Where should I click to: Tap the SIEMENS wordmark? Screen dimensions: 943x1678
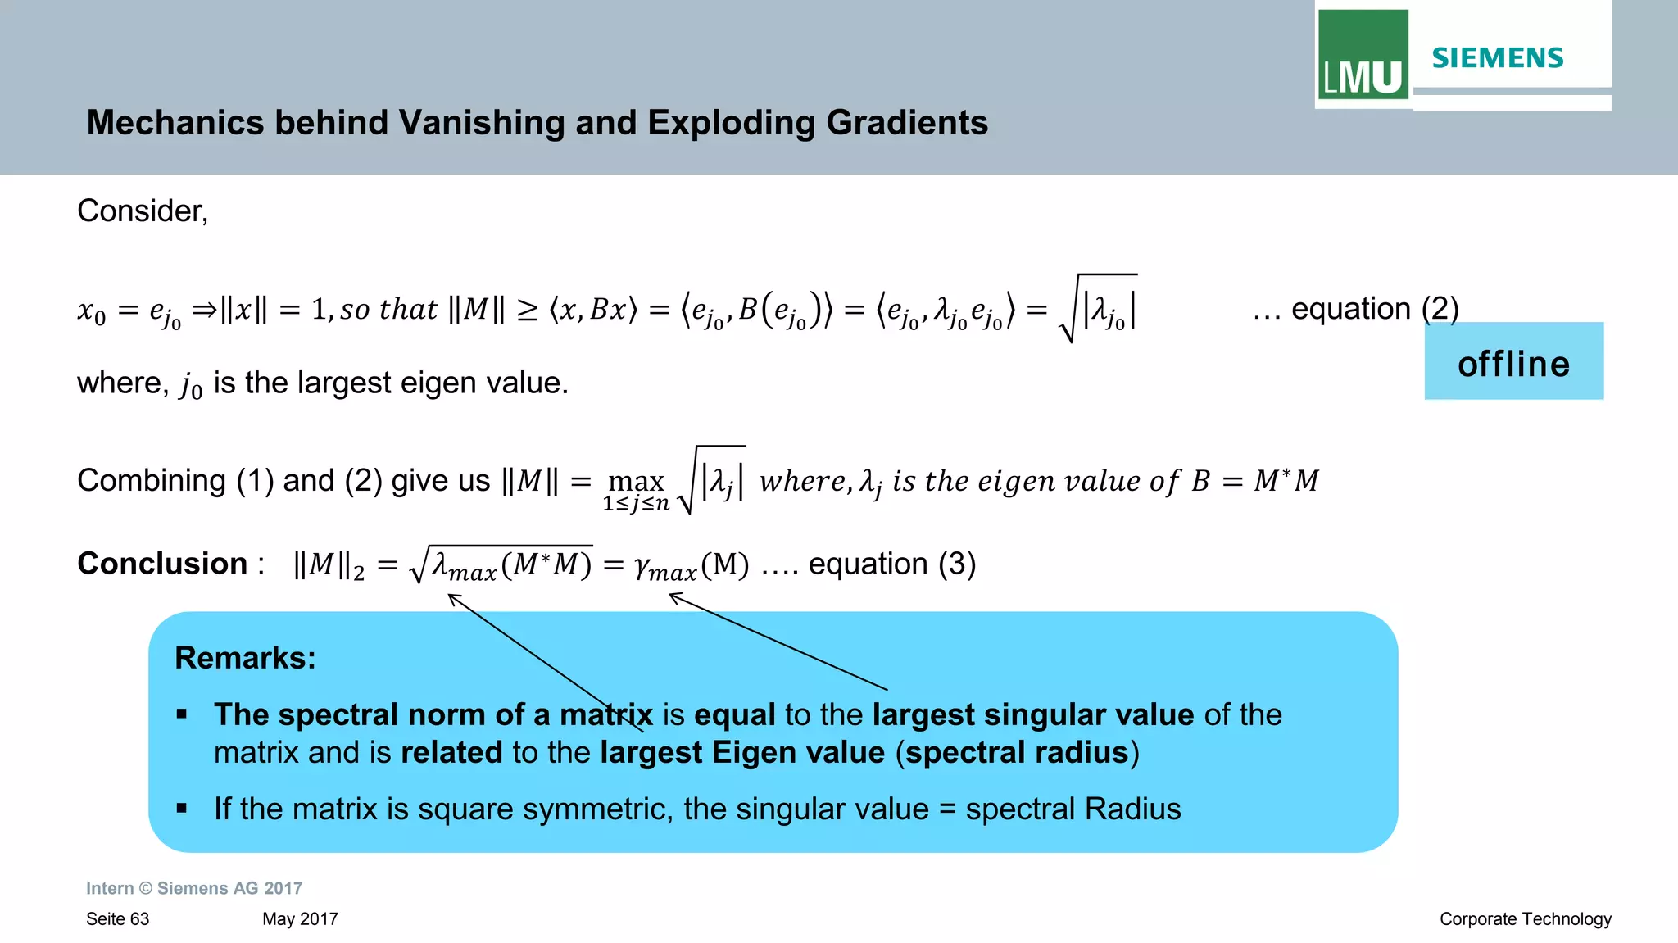(x=1497, y=58)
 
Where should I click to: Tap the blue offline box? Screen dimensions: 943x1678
(x=1513, y=361)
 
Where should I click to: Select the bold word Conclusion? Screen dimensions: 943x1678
(x=162, y=564)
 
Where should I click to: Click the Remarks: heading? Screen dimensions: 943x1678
(x=245, y=658)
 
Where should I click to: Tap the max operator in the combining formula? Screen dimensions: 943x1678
(x=636, y=481)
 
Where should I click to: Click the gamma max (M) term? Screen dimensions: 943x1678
(x=692, y=565)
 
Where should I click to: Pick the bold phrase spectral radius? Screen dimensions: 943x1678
(x=1017, y=752)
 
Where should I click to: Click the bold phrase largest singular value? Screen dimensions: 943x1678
(x=1033, y=714)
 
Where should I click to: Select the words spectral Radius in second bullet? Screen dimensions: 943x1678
(x=1073, y=809)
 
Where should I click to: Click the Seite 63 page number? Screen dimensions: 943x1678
(x=118, y=919)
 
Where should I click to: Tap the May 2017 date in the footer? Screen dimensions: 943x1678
(x=300, y=919)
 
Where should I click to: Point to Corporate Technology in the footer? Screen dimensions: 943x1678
(x=1525, y=919)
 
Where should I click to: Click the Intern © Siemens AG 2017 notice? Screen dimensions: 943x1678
(x=194, y=888)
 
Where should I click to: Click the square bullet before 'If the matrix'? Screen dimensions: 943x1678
(x=182, y=809)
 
